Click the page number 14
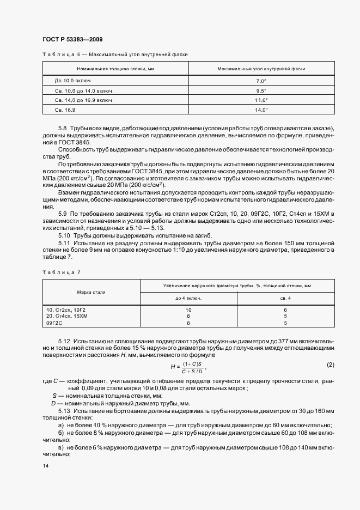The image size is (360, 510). [x=45, y=466]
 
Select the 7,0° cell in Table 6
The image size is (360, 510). [x=261, y=81]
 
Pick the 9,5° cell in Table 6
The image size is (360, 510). [x=261, y=90]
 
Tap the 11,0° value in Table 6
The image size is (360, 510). [x=261, y=100]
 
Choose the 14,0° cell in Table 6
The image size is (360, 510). [x=261, y=110]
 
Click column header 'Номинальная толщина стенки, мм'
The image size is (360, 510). [x=116, y=69]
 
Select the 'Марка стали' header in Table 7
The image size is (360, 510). [x=91, y=292]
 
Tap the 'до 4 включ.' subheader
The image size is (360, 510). [x=188, y=299]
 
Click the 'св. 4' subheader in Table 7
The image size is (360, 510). [x=285, y=299]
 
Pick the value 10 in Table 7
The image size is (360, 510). [x=188, y=309]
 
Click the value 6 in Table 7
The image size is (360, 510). [x=285, y=309]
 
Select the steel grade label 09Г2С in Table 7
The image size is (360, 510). [x=56, y=323]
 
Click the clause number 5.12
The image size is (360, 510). [x=64, y=339]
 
